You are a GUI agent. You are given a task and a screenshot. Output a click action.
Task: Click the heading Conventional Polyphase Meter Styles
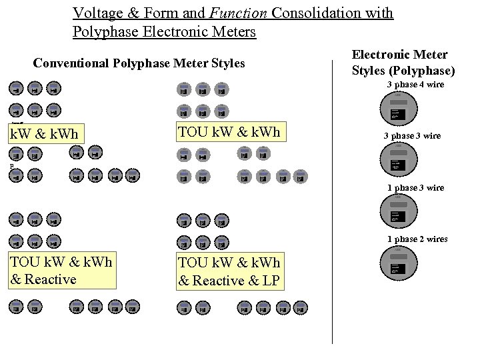click(x=139, y=64)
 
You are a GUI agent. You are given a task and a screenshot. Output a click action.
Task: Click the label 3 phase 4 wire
click(x=415, y=85)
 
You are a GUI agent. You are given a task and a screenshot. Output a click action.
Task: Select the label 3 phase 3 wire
click(x=411, y=136)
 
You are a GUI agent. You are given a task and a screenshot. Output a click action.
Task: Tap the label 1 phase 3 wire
click(x=415, y=188)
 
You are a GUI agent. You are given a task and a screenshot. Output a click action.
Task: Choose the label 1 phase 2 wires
click(x=417, y=239)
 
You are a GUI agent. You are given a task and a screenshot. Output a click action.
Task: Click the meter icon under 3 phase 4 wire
click(x=399, y=109)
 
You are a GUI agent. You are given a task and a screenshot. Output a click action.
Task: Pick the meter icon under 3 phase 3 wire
click(x=399, y=161)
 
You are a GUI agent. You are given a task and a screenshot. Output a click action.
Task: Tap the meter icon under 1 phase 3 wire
click(x=399, y=212)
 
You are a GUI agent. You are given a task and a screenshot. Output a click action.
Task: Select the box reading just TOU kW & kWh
click(x=228, y=133)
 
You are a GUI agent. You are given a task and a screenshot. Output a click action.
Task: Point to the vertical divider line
click(x=332, y=200)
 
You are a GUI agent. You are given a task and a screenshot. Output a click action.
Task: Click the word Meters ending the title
click(x=233, y=31)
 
